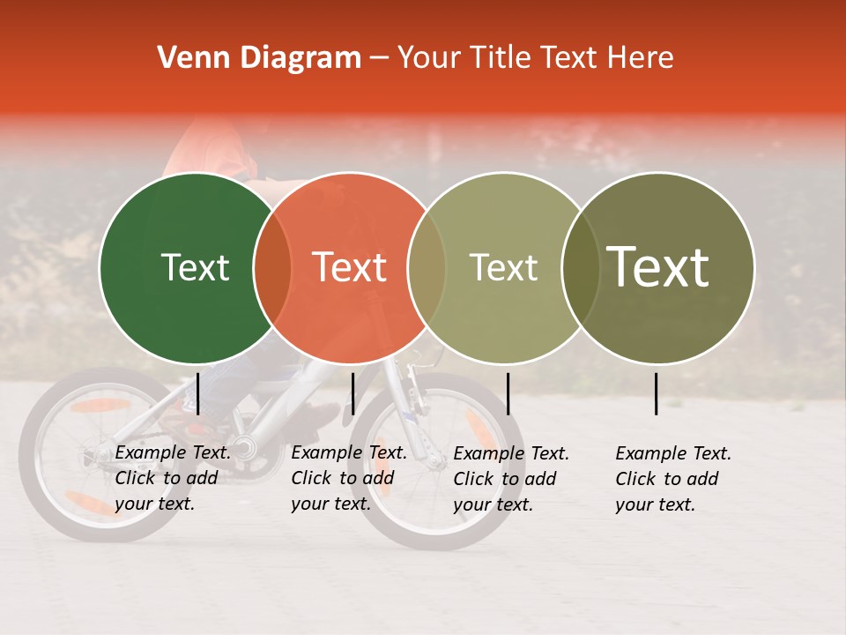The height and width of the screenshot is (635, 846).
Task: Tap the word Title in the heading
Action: tap(501, 58)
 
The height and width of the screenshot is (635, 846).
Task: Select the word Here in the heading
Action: tap(642, 58)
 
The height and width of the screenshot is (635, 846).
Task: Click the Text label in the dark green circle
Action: tap(195, 267)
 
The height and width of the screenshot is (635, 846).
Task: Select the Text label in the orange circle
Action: tap(349, 267)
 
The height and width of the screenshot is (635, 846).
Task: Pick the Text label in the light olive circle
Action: tap(503, 267)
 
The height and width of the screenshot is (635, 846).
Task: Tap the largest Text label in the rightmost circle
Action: tap(658, 267)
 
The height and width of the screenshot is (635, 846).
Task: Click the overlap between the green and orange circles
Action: tap(272, 267)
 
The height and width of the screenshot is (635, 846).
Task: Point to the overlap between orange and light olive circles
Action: tap(427, 267)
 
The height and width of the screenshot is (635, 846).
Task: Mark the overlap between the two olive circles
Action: tap(581, 267)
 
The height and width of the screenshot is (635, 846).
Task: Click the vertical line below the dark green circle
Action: tap(198, 393)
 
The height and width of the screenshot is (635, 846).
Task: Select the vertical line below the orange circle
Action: tap(352, 393)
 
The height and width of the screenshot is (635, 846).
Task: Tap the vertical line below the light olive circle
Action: tap(508, 393)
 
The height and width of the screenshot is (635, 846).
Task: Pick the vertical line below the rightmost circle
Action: tap(656, 393)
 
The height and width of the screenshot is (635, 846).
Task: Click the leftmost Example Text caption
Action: tap(173, 478)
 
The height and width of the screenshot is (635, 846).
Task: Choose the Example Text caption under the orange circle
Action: tap(349, 478)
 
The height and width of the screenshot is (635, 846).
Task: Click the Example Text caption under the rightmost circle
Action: tap(673, 479)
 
